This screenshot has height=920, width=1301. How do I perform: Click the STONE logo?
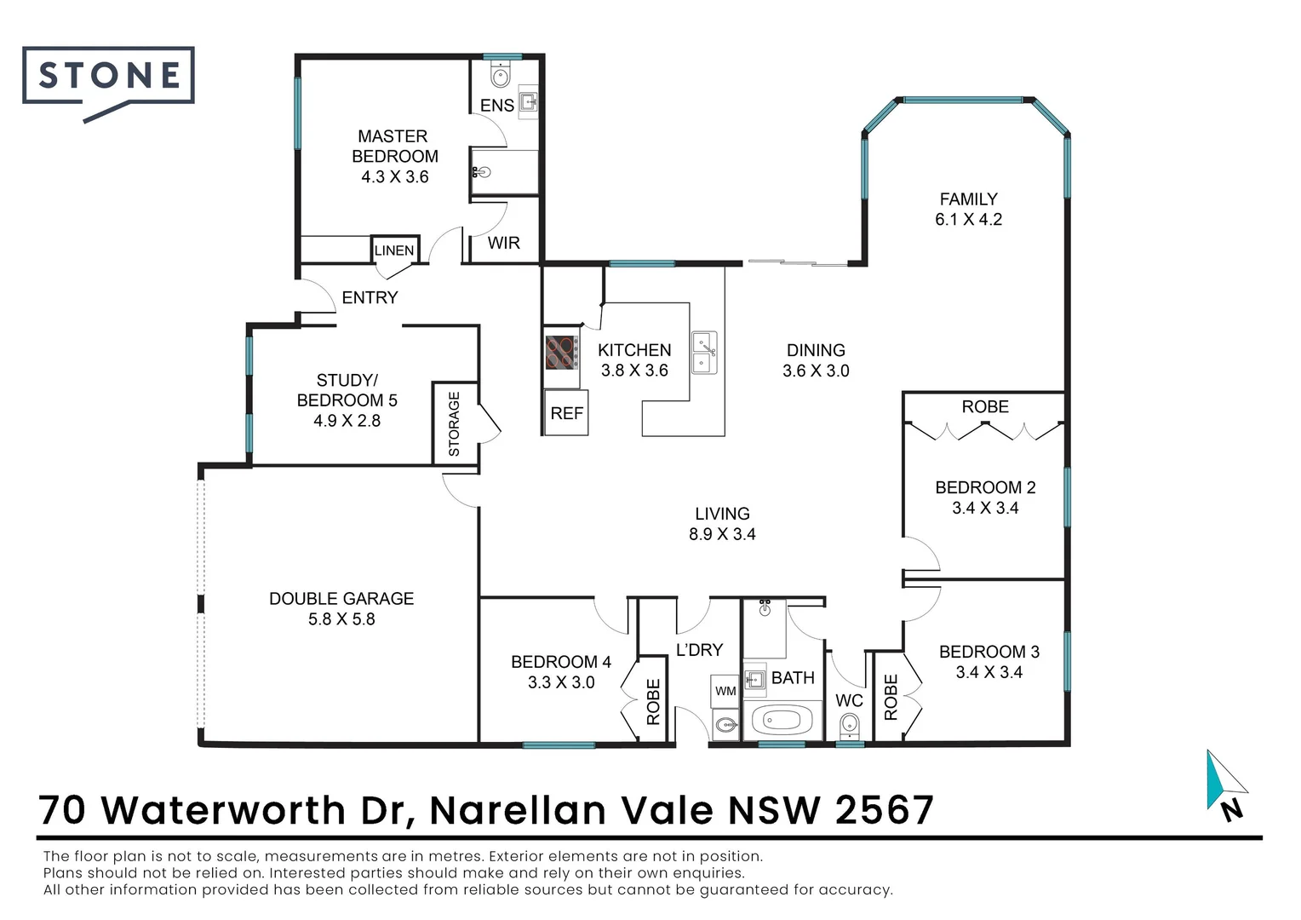tap(108, 78)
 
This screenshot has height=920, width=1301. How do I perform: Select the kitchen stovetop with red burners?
tap(562, 352)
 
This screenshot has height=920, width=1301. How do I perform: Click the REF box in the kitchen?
tap(566, 413)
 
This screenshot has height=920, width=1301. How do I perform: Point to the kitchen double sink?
tap(703, 353)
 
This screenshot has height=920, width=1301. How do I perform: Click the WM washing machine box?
tap(725, 691)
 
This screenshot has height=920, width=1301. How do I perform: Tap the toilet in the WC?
tap(849, 727)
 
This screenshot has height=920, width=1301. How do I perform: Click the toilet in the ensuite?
tap(500, 77)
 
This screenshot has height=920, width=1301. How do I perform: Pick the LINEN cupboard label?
tap(394, 250)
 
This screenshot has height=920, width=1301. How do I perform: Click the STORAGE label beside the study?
tap(454, 423)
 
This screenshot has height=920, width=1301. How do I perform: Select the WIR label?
tap(503, 243)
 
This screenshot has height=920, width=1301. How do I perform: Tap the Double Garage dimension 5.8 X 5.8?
tap(341, 619)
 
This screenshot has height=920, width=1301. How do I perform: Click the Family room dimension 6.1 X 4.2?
tap(968, 219)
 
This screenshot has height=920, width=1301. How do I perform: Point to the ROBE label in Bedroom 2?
tap(985, 406)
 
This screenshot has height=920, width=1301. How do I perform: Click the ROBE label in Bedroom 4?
tap(653, 701)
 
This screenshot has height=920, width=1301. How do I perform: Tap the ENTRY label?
tap(370, 297)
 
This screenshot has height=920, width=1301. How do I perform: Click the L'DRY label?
tap(699, 650)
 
